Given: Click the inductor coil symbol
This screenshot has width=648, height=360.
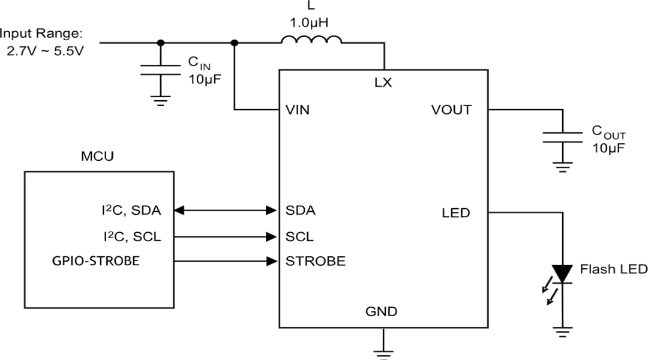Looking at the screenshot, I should click(311, 40).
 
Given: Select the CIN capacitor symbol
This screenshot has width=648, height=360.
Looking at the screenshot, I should click(160, 68).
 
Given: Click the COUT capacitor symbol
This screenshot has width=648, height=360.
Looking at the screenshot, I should click(562, 137).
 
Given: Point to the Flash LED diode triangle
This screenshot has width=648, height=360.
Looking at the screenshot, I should click(562, 274).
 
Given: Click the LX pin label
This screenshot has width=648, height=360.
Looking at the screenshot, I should click(383, 83).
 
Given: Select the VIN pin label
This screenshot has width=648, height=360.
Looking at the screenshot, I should click(298, 110).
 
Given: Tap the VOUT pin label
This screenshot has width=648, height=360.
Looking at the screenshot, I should click(451, 110).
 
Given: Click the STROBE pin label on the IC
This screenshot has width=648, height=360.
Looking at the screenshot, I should click(315, 262).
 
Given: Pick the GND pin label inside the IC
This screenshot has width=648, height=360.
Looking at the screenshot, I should click(382, 311).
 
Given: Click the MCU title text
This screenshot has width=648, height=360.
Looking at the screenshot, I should click(97, 157).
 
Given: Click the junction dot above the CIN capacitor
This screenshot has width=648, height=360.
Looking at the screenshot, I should click(160, 43).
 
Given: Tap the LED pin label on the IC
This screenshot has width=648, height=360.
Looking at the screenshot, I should click(455, 213).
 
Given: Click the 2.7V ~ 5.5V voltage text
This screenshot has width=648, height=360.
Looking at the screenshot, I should click(45, 52).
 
